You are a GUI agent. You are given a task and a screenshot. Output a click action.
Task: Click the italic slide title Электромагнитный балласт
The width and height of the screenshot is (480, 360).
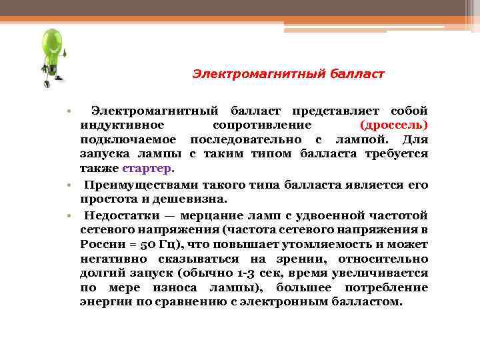click(x=288, y=73)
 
